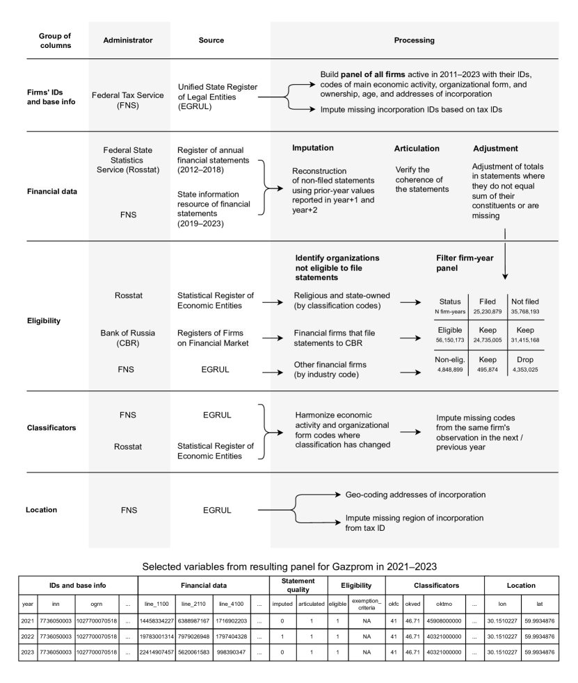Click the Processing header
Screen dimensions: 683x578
pos(414,40)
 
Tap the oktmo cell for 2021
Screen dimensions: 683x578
pos(444,622)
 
